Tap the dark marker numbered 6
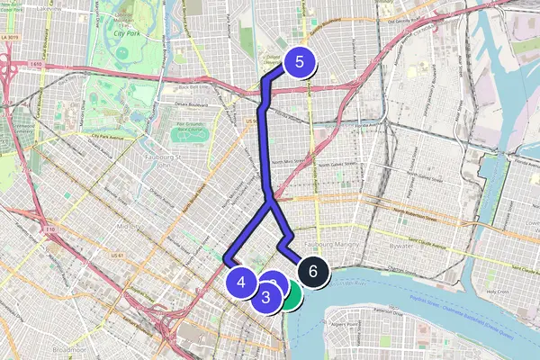311,270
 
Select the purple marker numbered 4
240,282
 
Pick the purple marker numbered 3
266,297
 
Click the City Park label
131,33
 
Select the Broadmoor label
68,347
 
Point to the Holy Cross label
498,292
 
